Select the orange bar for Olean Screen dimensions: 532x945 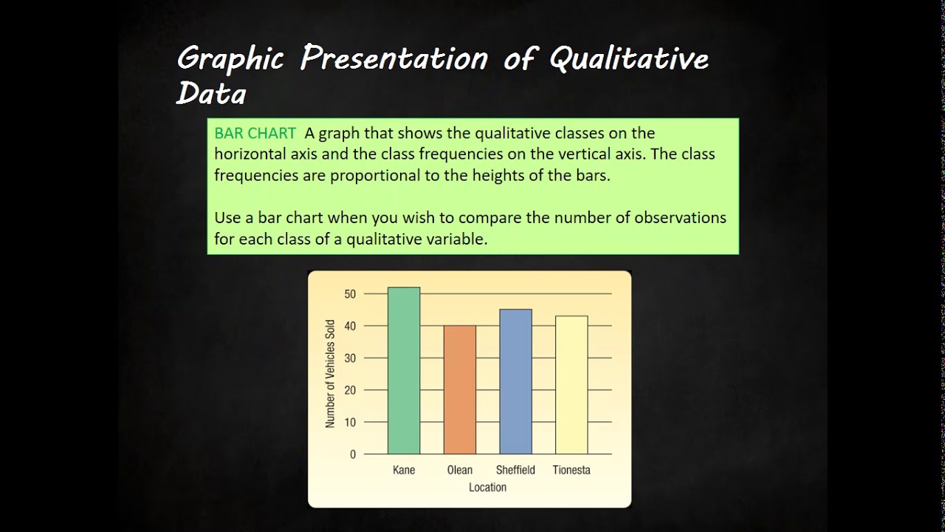click(x=459, y=389)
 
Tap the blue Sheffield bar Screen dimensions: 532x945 click(x=515, y=381)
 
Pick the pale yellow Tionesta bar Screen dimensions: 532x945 click(x=571, y=385)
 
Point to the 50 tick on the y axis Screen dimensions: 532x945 click(x=349, y=294)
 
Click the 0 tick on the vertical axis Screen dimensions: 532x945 click(x=352, y=454)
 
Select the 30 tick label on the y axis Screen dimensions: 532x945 click(x=349, y=358)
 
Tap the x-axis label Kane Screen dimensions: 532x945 click(x=404, y=470)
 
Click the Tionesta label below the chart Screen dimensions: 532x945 click(x=571, y=470)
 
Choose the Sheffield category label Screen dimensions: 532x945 click(x=515, y=470)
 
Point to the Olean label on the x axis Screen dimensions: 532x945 click(x=459, y=470)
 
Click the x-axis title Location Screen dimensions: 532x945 click(x=487, y=488)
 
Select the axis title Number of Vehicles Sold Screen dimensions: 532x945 click(x=330, y=373)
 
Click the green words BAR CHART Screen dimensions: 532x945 click(x=255, y=134)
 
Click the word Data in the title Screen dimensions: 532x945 click(x=210, y=94)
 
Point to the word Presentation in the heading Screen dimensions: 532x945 click(x=394, y=58)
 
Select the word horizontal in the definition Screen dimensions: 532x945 click(x=251, y=154)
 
